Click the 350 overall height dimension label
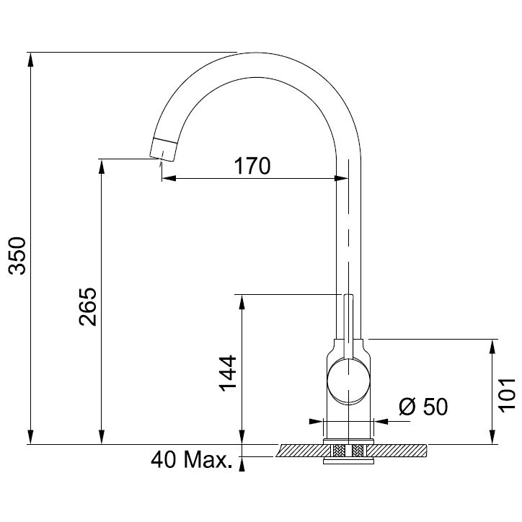coord(17,256)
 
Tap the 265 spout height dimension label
coord(88,306)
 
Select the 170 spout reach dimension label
coord(252,166)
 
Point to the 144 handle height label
coord(228,373)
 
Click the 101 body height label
coord(507,395)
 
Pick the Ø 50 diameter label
coord(423,407)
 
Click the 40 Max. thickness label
coord(191,460)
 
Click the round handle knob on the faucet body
coord(348,381)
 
